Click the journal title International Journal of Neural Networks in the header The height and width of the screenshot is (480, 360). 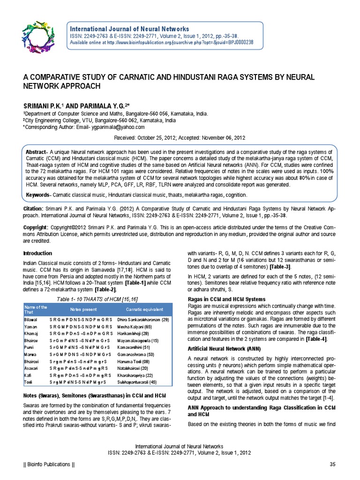point(129,29)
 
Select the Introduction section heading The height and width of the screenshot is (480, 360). point(38,253)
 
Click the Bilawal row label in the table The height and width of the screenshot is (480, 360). point(30,319)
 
